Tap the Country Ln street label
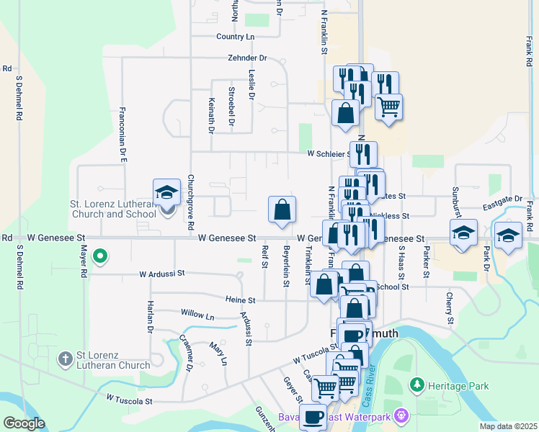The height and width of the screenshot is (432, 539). click(236, 37)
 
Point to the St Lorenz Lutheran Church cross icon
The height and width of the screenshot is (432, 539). click(65, 358)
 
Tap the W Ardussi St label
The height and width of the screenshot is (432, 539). click(162, 274)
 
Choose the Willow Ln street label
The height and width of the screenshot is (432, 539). click(197, 316)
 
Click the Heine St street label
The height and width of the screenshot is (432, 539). click(240, 300)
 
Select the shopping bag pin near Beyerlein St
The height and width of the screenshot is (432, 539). click(282, 210)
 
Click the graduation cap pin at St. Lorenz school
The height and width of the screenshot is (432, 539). click(166, 193)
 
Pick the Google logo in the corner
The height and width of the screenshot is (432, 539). click(24, 423)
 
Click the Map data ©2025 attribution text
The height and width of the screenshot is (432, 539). click(509, 426)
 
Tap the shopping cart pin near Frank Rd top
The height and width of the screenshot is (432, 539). click(389, 107)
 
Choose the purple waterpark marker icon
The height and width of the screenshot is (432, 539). click(402, 415)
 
